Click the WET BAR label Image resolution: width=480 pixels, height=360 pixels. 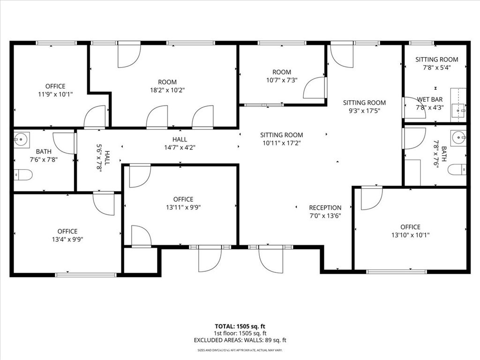tap(430, 99)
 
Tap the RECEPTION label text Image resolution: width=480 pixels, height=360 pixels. tap(325, 208)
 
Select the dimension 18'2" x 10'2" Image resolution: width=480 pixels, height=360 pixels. tap(167, 90)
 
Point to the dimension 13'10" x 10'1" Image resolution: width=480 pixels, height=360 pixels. tap(410, 235)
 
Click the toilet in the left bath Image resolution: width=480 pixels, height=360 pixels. tap(23, 175)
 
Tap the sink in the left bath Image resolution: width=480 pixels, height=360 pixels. tap(22, 139)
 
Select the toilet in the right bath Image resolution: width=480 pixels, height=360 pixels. tap(457, 169)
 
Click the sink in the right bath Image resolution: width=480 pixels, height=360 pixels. tap(458, 138)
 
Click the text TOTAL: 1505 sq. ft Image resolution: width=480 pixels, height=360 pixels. tap(240, 326)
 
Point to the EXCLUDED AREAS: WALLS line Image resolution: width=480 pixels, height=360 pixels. tap(240, 340)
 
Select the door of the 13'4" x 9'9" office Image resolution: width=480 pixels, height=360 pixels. tap(104, 203)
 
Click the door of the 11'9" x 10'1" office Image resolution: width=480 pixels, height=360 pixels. tap(95, 117)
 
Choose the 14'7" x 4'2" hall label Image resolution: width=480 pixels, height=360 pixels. tap(180, 143)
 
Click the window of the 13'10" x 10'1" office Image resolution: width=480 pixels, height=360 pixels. tap(397, 271)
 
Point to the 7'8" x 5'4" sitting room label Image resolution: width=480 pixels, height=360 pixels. tap(437, 63)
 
